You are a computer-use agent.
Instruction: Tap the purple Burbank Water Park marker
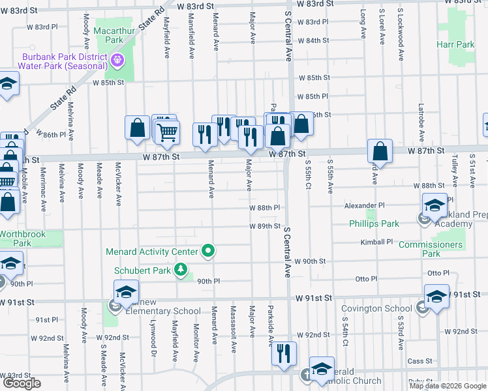point(117,61)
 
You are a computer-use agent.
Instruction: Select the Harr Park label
point(456,45)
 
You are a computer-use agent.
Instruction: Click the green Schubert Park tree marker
point(180,270)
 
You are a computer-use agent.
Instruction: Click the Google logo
point(23,383)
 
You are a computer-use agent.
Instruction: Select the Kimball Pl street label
point(376,242)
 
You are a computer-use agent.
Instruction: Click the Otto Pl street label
point(366,279)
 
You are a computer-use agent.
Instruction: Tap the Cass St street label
point(419,360)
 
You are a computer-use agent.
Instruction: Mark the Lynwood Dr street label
point(154,340)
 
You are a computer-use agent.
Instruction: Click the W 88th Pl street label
point(264,207)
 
